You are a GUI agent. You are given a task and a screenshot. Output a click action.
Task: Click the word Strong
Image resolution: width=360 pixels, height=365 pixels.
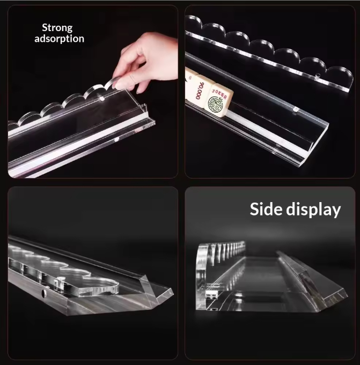coord(57,28)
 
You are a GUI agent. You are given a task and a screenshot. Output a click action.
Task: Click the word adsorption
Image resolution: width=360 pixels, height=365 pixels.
coord(59,39)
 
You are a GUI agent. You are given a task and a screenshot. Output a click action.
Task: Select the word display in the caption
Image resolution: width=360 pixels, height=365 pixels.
coord(313,210)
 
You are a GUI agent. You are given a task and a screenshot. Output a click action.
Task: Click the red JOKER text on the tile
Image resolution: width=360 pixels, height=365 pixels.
coord(219,93)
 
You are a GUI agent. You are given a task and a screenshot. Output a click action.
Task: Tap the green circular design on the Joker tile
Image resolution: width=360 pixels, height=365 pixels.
coord(216,104)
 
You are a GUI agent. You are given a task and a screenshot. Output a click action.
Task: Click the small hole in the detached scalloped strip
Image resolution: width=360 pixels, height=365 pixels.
coord(317,76)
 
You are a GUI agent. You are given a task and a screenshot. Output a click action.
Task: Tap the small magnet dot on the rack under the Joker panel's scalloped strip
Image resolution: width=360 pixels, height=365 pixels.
coord(296,109)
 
